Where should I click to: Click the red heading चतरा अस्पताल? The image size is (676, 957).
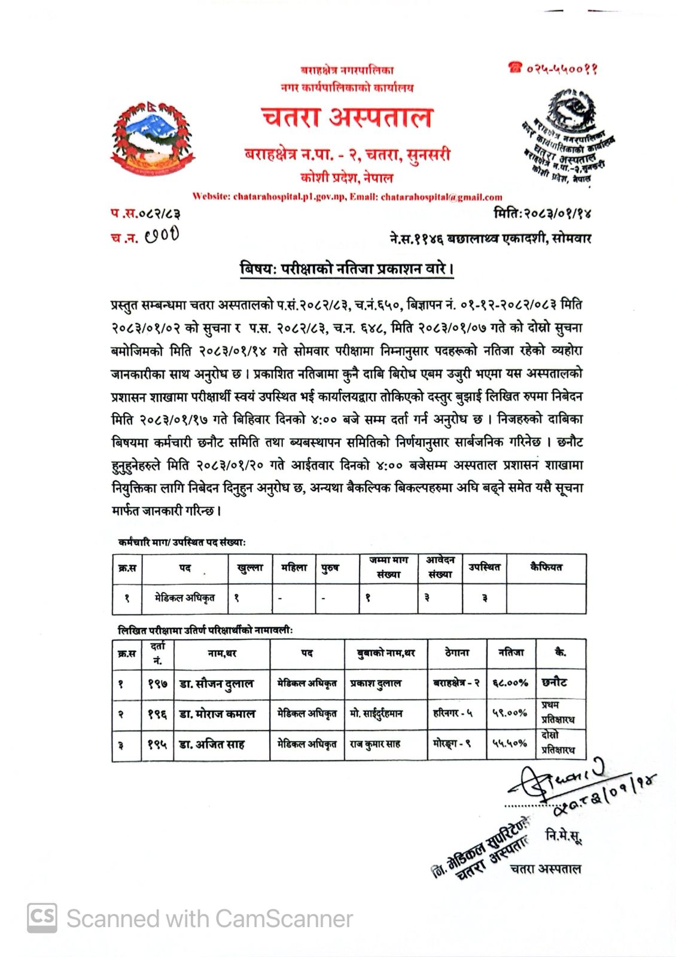coord(346,118)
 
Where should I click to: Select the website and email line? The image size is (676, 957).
coord(347,197)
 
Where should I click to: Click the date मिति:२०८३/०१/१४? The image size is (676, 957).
coord(542,214)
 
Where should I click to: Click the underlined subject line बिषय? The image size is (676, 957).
coord(346,269)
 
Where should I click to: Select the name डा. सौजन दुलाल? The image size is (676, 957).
coord(217,684)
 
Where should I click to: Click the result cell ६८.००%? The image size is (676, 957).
coord(510,683)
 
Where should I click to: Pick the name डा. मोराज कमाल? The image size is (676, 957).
coord(217,714)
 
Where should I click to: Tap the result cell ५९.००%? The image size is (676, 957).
coord(510,713)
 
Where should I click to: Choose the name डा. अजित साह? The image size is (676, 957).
coord(212,745)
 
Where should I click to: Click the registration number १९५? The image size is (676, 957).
coord(157,745)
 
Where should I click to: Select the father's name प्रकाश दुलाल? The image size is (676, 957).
coord(376,683)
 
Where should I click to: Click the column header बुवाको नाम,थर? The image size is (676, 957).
coord(385,653)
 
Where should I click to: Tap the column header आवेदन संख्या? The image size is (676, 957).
coord(440,567)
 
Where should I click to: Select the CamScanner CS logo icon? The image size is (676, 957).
coord(42,918)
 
